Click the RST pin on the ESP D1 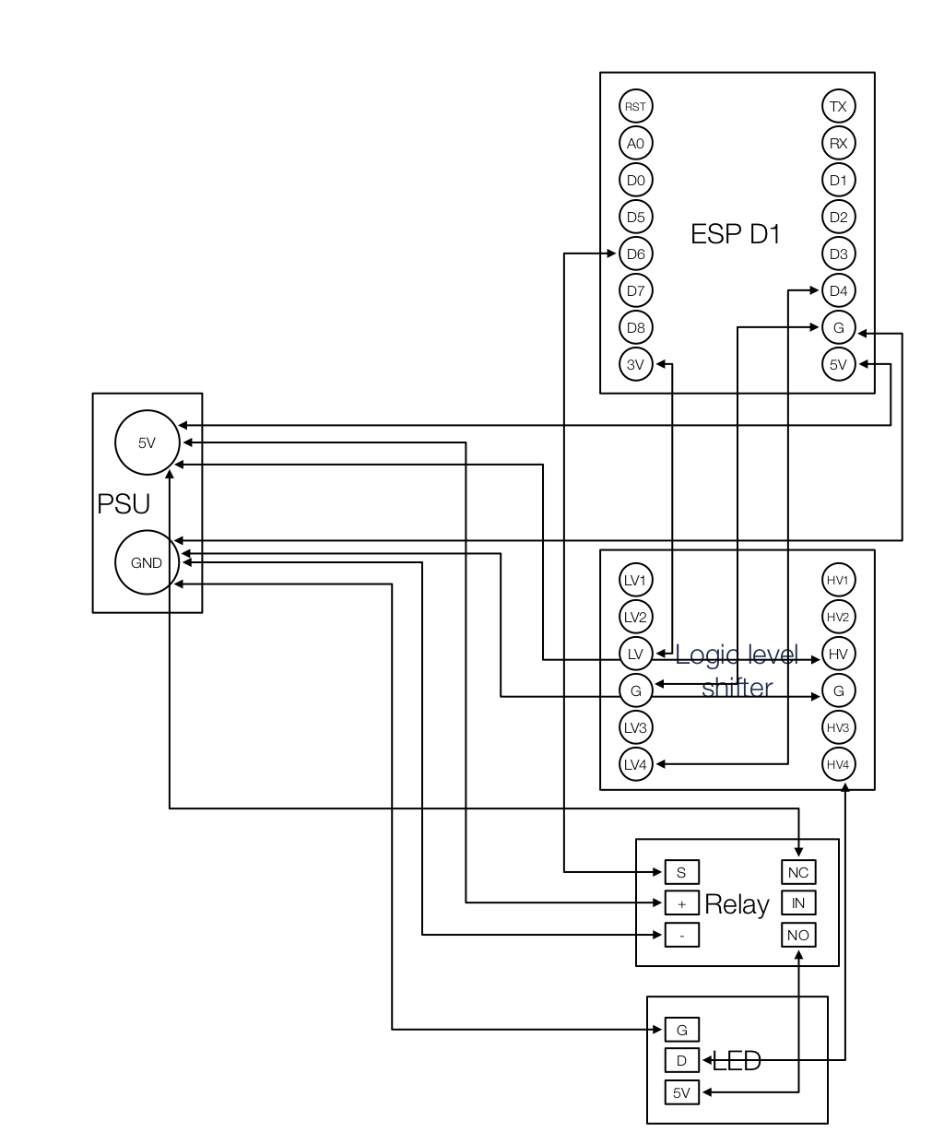(x=635, y=106)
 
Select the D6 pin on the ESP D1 (x=635, y=254)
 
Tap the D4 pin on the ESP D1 (x=838, y=290)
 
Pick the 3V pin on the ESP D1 (x=635, y=364)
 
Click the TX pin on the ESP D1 (x=838, y=106)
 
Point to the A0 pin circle (x=635, y=143)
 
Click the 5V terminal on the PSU (x=147, y=442)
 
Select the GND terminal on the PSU (x=147, y=562)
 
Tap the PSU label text (x=124, y=504)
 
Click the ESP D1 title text (x=735, y=234)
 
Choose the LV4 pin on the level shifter (x=635, y=764)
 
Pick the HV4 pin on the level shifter (x=838, y=764)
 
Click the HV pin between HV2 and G (x=838, y=654)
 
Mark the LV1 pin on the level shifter (x=635, y=580)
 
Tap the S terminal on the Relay (x=681, y=872)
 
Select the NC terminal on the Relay (x=797, y=872)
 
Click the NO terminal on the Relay (x=797, y=935)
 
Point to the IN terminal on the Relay (x=797, y=903)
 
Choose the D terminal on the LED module (x=681, y=1060)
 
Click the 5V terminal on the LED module (x=681, y=1093)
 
